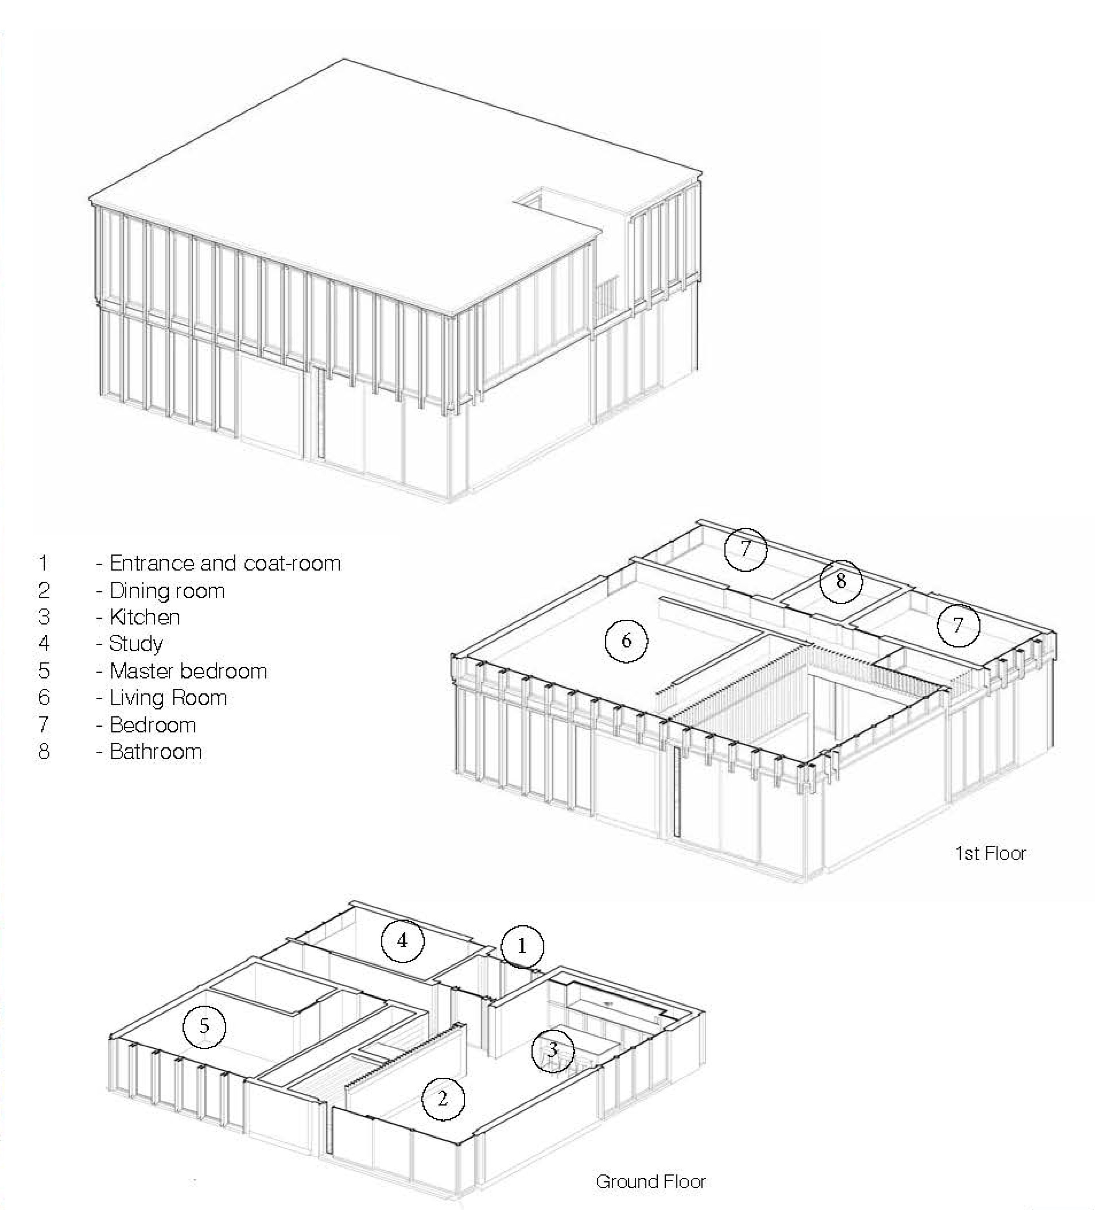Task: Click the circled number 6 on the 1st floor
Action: tap(626, 641)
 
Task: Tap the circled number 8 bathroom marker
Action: tap(841, 581)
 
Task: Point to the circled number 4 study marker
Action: tap(402, 941)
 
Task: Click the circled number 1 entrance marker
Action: tap(521, 946)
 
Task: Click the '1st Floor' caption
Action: tap(991, 853)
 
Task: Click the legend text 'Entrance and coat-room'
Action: tap(225, 563)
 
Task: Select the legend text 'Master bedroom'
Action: tap(188, 670)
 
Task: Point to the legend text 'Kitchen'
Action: tap(145, 617)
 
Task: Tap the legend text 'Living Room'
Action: tap(168, 698)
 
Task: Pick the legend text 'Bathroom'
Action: tap(155, 752)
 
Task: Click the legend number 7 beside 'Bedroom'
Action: tap(43, 724)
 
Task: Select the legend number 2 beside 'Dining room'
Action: tap(43, 590)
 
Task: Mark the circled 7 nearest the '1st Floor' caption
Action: tap(958, 625)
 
